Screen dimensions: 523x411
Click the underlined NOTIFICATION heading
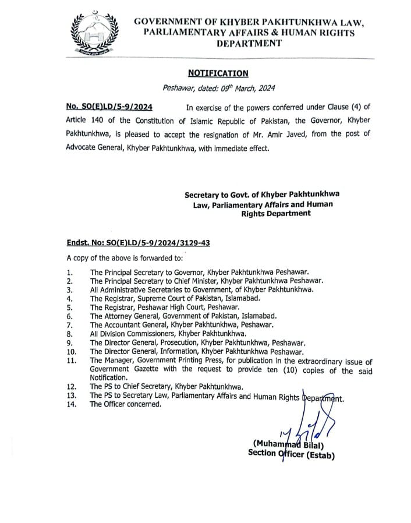(x=218, y=73)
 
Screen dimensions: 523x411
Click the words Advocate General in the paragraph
(x=96, y=148)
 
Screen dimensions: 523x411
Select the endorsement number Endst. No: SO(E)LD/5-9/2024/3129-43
(x=138, y=242)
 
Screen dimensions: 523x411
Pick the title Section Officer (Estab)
(x=291, y=455)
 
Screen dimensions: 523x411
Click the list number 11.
(x=72, y=361)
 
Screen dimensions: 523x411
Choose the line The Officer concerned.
(x=125, y=404)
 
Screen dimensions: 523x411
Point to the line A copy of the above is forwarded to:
(x=125, y=257)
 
